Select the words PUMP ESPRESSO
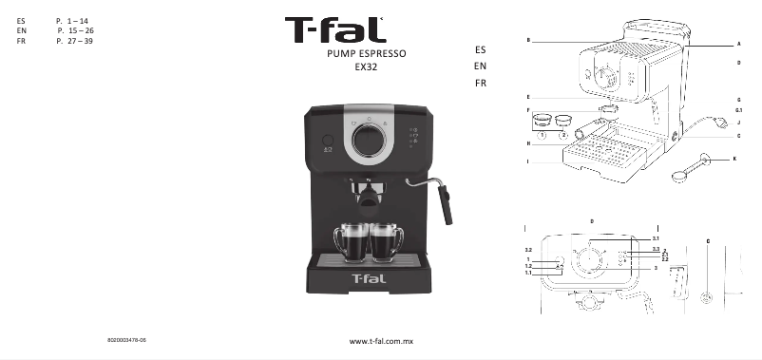pos(366,55)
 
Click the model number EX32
pos(366,68)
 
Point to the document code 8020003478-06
pos(126,338)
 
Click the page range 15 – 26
pos(75,31)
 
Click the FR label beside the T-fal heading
pos(480,84)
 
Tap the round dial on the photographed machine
pos(369,141)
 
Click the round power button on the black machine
pos(327,139)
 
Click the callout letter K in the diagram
pos(733,158)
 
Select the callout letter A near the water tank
pos(738,44)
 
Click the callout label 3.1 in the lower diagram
pos(655,237)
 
